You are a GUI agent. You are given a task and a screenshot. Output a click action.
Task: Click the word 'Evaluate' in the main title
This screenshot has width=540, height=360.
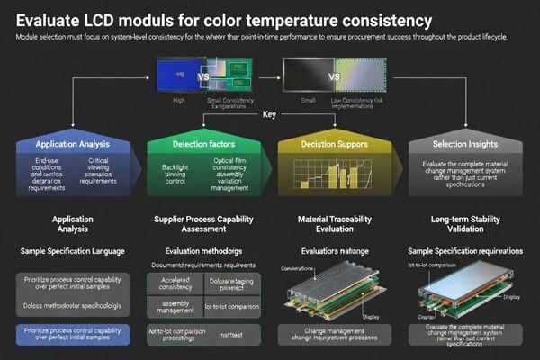pyautogui.click(x=48, y=19)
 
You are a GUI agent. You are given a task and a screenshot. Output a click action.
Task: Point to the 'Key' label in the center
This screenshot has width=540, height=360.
pyautogui.click(x=269, y=114)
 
